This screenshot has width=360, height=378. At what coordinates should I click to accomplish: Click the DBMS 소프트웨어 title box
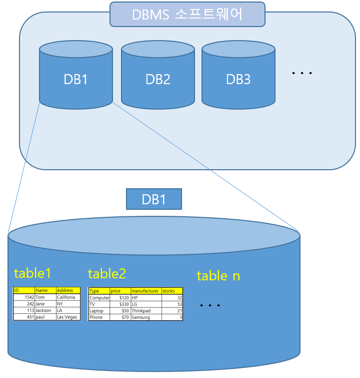pyautogui.click(x=187, y=14)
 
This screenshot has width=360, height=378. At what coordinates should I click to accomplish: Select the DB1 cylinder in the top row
pyautogui.click(x=75, y=79)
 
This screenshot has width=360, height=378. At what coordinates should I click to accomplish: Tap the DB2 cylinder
pyautogui.click(x=157, y=79)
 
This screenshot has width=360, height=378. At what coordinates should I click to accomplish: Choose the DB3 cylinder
pyautogui.click(x=238, y=79)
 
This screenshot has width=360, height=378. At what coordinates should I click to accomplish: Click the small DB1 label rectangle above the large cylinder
pyautogui.click(x=153, y=199)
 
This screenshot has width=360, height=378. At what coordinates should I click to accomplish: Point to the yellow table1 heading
pyautogui.click(x=32, y=273)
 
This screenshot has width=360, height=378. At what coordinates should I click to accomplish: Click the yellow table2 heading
pyautogui.click(x=106, y=274)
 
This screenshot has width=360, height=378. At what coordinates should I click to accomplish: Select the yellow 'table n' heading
pyautogui.click(x=218, y=275)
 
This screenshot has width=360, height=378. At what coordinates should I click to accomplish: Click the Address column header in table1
pyautogui.click(x=67, y=290)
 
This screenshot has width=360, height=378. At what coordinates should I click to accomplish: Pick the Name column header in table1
pyautogui.click(x=44, y=290)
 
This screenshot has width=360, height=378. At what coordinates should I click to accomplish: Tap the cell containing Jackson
pyautogui.click(x=44, y=310)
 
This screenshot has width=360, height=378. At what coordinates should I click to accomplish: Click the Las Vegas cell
pyautogui.click(x=67, y=317)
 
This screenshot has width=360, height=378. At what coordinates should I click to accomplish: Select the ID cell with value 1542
pyautogui.click(x=24, y=297)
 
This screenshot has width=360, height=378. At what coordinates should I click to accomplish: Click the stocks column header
pyautogui.click(x=171, y=291)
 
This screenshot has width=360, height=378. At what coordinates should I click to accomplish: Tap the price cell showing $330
pyautogui.click(x=120, y=304)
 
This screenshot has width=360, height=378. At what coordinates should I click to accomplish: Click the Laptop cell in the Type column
pyautogui.click(x=99, y=311)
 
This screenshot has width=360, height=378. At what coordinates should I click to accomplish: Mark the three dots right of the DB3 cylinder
pyautogui.click(x=302, y=74)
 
